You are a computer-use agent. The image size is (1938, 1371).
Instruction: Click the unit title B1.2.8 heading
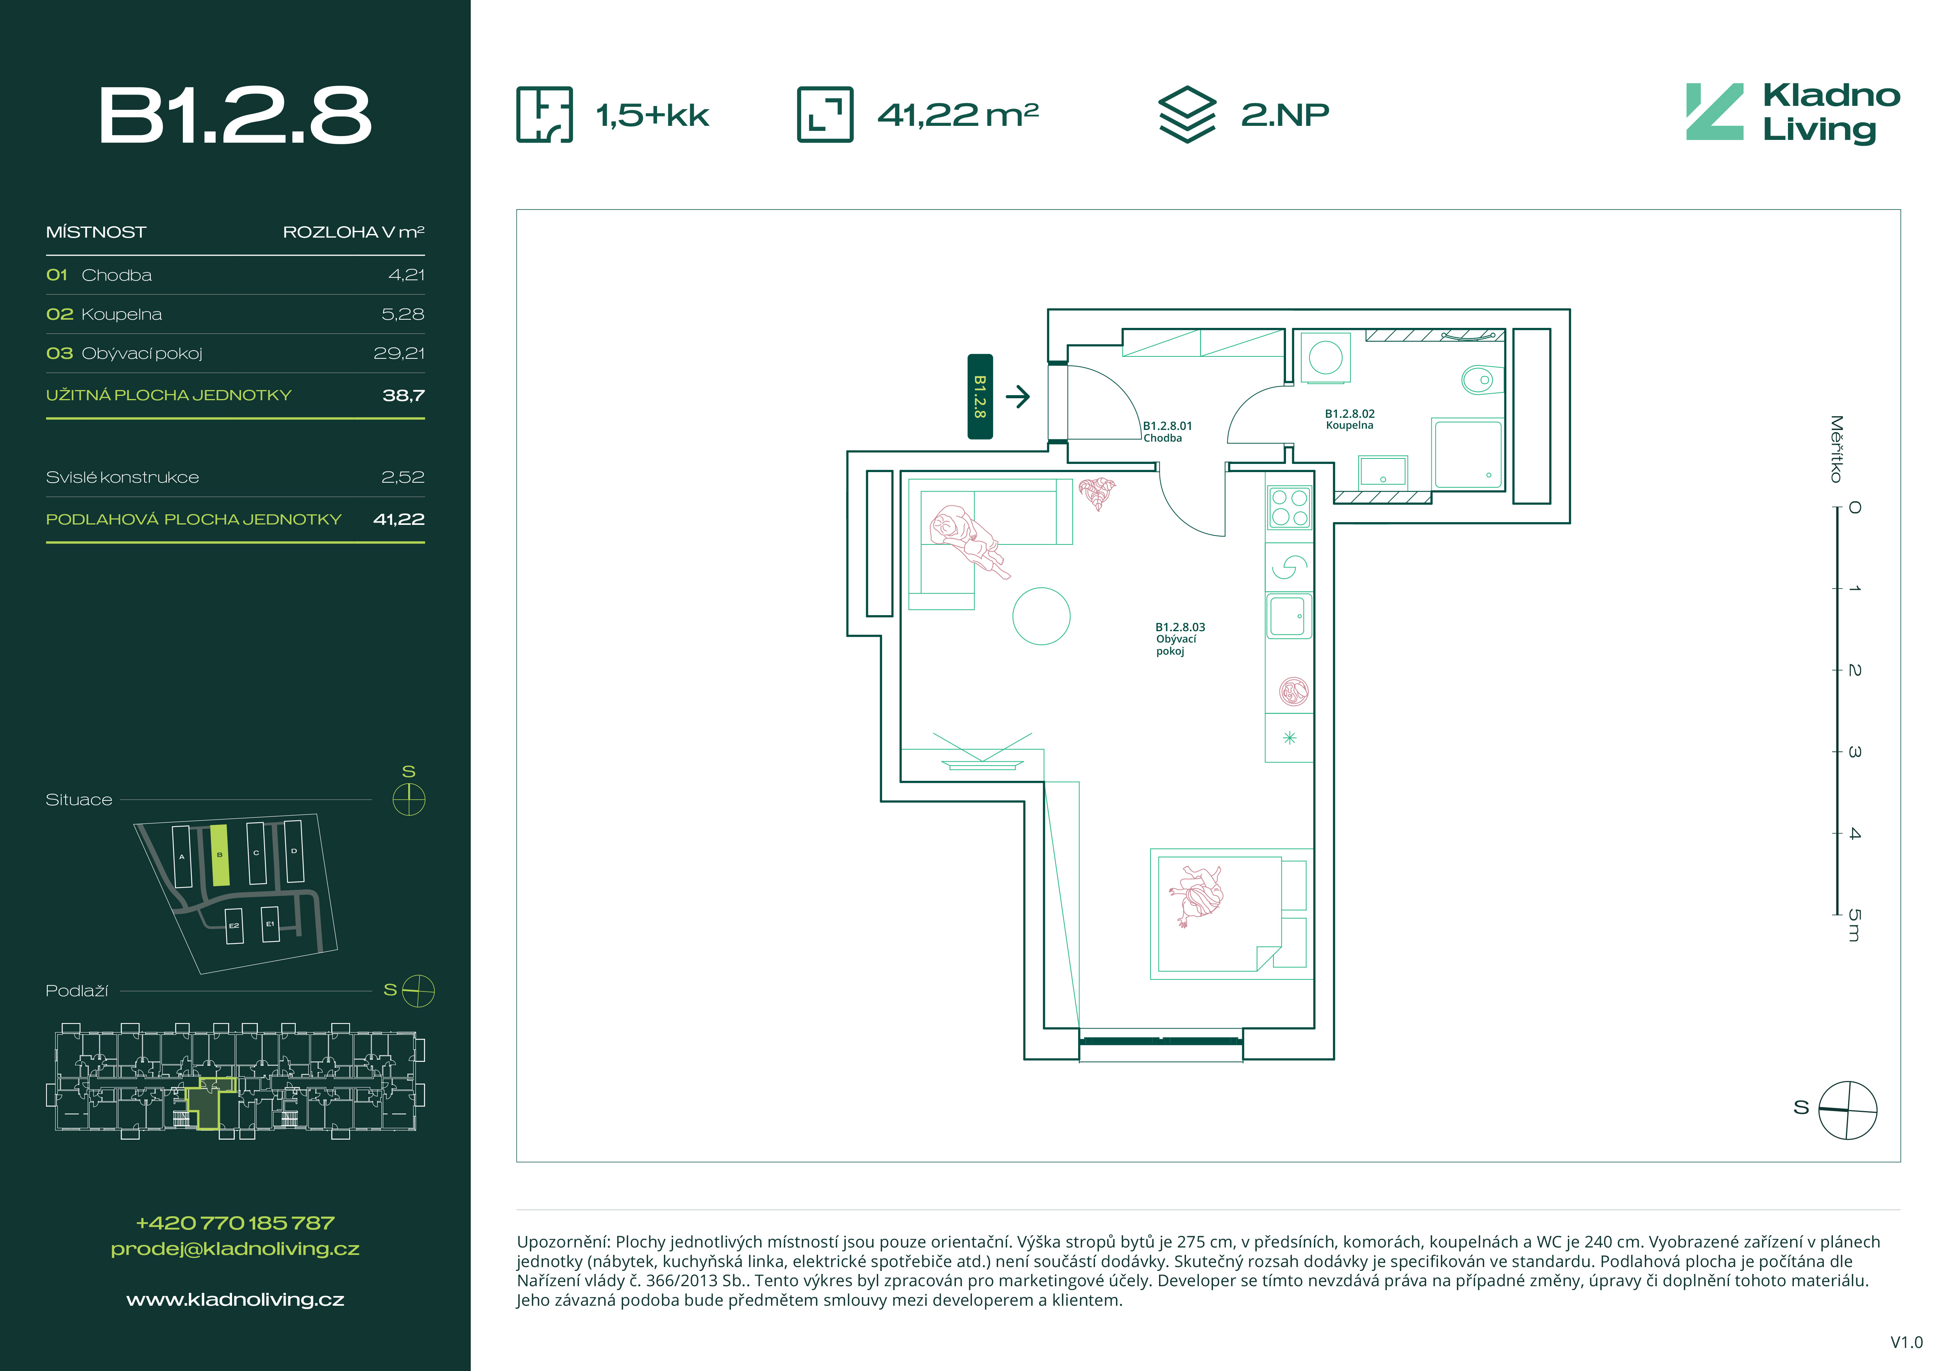coord(235,116)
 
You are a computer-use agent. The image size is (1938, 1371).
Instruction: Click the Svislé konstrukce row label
coord(122,477)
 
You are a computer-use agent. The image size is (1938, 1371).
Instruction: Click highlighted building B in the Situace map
coord(220,855)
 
